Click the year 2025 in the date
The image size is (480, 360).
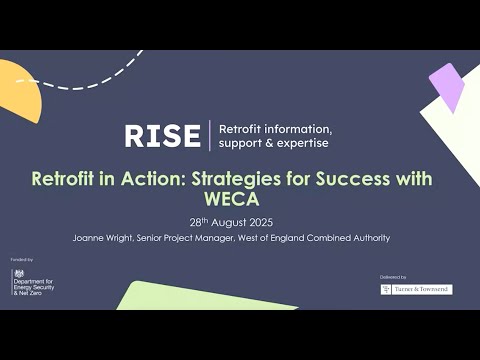(257, 222)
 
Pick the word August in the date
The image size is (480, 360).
(222, 222)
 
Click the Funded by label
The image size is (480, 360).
(22, 258)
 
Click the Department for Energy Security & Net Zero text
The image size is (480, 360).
(36, 286)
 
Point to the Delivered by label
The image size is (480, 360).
(392, 277)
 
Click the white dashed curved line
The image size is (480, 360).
(80, 78)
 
